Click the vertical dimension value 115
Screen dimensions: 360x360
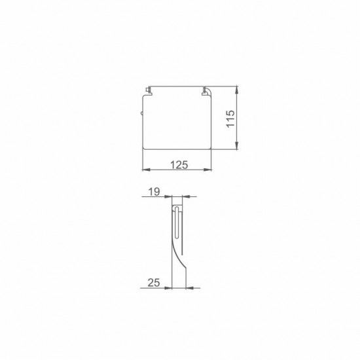pos(230,119)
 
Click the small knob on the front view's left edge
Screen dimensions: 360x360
pos(142,115)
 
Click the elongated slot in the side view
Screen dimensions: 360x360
pos(178,223)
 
